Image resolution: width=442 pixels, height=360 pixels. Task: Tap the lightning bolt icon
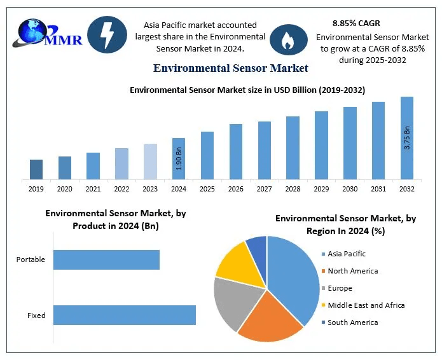pos(105,35)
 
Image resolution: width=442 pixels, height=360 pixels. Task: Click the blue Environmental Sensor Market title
pos(231,67)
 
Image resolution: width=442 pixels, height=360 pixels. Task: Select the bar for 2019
pos(36,169)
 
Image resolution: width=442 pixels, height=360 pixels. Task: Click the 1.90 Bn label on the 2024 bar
pos(179,159)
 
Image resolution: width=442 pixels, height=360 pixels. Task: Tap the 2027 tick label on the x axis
pos(264,189)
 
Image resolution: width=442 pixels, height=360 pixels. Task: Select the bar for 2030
pos(350,142)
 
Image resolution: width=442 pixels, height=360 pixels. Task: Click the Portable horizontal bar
pos(106,260)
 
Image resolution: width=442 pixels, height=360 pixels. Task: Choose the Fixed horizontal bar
pos(124,315)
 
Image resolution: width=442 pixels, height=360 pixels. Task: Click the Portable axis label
pos(31,260)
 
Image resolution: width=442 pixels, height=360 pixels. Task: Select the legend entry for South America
pos(352,322)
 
